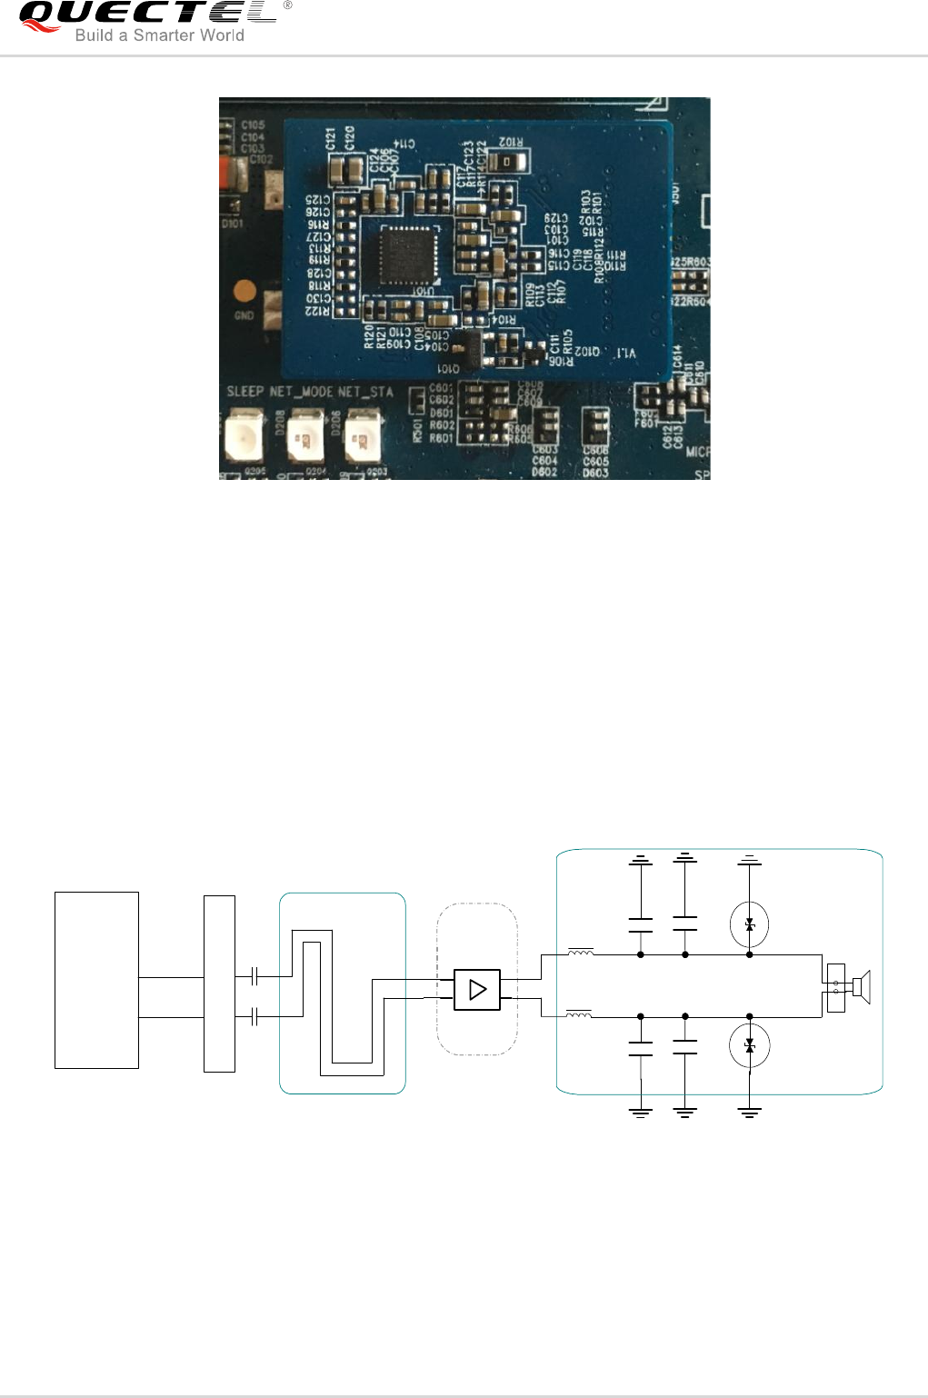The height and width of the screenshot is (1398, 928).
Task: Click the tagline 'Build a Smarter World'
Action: coord(159,35)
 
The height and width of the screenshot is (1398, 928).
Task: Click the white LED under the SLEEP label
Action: coord(244,437)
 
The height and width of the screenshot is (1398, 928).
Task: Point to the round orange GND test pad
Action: coord(244,292)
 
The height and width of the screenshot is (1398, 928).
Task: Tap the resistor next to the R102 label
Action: coord(507,162)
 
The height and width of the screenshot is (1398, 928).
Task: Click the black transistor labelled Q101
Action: coord(467,350)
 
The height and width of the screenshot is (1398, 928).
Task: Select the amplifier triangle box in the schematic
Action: coord(477,989)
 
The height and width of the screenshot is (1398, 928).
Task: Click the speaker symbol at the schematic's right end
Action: coord(860,987)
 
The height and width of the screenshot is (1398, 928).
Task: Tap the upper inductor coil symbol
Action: coord(581,953)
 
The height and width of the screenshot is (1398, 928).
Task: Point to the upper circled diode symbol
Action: coord(749,924)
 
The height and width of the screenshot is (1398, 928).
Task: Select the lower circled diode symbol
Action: coord(749,1046)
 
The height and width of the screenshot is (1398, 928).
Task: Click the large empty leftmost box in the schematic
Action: coord(96,980)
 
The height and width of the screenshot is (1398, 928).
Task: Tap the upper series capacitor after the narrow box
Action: coord(255,976)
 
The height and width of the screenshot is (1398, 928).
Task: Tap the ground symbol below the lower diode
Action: coord(749,1112)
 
